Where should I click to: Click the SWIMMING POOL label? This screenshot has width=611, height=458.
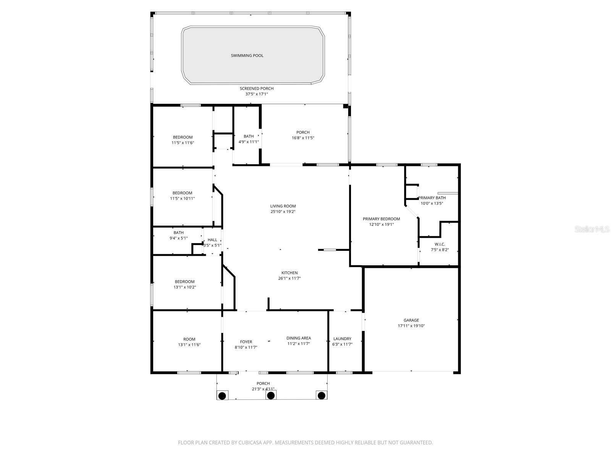tap(247, 56)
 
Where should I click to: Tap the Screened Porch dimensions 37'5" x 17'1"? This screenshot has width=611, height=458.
tap(257, 94)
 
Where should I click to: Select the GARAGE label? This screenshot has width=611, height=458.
tap(411, 321)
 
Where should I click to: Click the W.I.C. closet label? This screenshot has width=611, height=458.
tap(440, 244)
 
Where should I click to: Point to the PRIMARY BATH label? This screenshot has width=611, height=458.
tap(432, 198)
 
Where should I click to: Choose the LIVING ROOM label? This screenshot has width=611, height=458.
tap(283, 206)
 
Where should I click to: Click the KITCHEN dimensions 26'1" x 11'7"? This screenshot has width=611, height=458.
tap(289, 278)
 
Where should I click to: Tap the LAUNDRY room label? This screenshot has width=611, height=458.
tap(342, 339)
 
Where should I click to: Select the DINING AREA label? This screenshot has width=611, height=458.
tap(299, 338)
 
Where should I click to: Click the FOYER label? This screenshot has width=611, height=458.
tap(246, 342)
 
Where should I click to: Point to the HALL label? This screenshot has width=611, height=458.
tap(212, 240)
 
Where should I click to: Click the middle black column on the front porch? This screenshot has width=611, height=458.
tap(271, 395)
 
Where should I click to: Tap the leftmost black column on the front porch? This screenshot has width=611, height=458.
tap(222, 395)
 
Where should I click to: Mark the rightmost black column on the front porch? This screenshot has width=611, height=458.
tap(322, 395)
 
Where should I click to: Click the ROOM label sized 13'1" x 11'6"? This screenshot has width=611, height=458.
tap(189, 339)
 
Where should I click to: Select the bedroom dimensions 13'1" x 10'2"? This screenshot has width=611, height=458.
tap(184, 287)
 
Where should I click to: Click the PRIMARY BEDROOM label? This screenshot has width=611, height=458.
tap(381, 219)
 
